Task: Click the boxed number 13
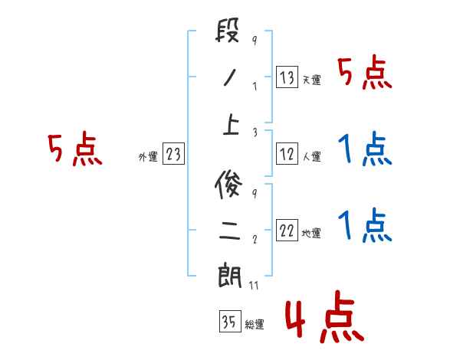[x=287, y=77]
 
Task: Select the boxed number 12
[x=287, y=154]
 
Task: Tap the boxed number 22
[x=287, y=231]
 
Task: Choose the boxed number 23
[x=173, y=155]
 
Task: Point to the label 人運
[x=311, y=157]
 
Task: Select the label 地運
[x=311, y=234]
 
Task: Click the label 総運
[x=255, y=325]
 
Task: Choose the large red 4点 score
[x=324, y=320]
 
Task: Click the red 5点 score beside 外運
[x=74, y=149]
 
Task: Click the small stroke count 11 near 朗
[x=255, y=285]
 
